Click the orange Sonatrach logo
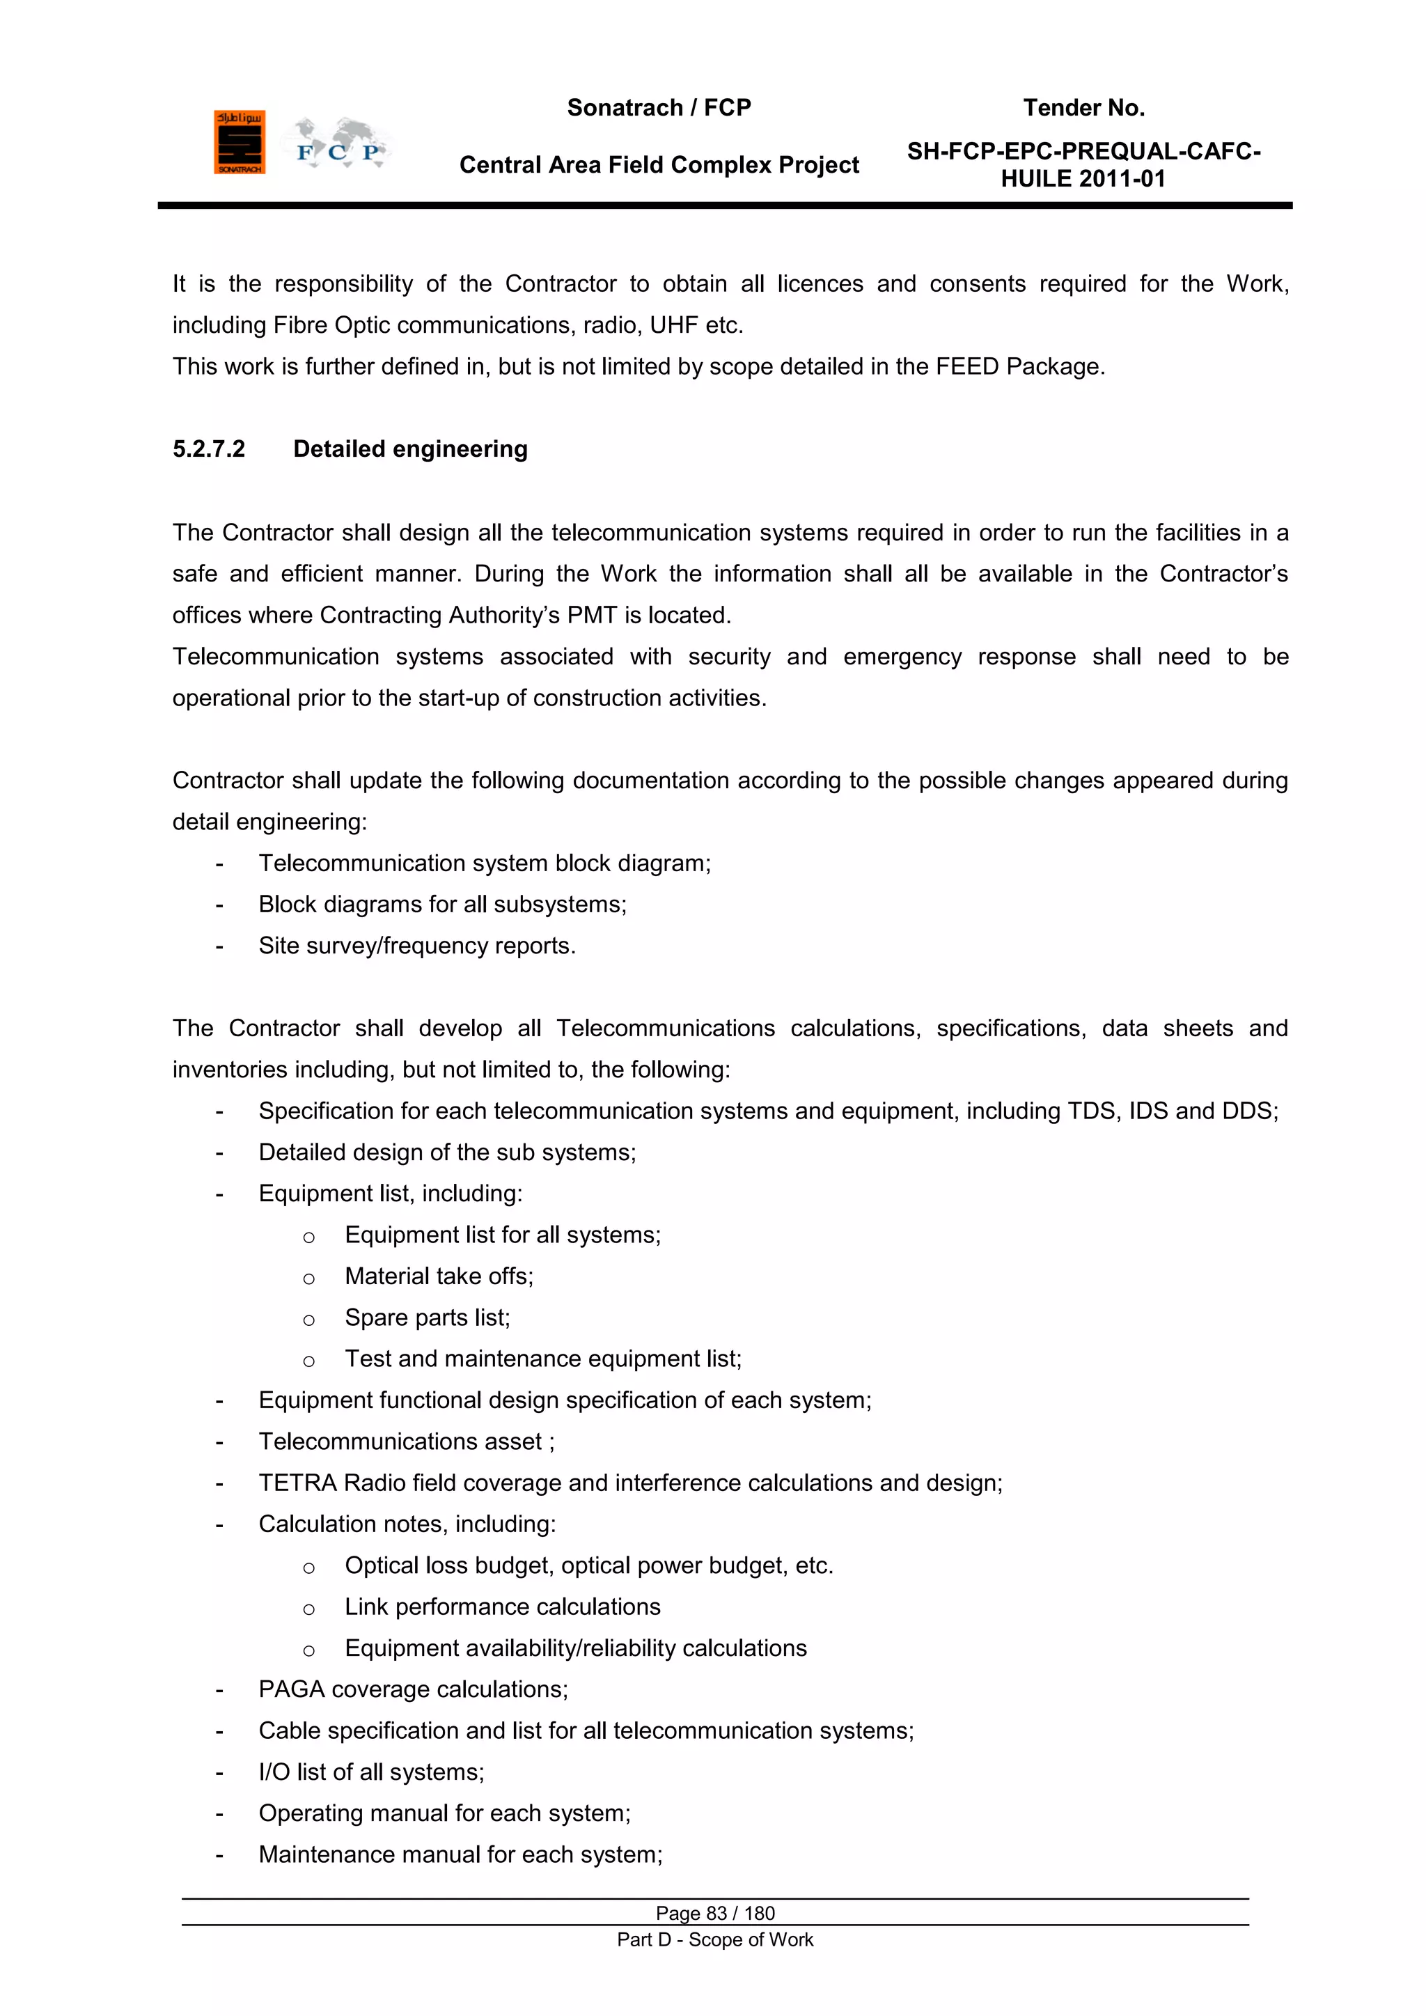(x=239, y=142)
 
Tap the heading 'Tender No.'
(x=1083, y=108)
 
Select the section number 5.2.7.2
(x=208, y=450)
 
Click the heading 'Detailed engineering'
(x=410, y=450)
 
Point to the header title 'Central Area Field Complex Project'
(x=659, y=165)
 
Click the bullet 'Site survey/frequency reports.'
(x=417, y=946)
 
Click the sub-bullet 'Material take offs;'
(x=439, y=1276)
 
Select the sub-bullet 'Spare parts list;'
(x=427, y=1318)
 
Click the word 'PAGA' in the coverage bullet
(x=290, y=1689)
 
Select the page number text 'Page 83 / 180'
(x=715, y=1913)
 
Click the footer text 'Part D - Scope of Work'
(x=715, y=1939)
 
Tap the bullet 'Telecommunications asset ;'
(x=407, y=1441)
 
